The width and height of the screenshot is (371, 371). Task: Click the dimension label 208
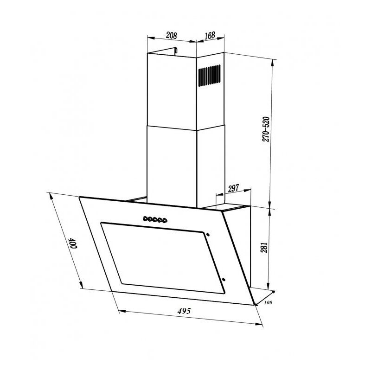pos(171,36)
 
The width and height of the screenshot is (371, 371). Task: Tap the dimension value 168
pos(210,35)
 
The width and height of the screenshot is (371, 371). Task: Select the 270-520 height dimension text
pos(266,129)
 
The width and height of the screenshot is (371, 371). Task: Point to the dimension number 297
pos(233,188)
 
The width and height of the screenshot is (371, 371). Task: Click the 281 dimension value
pos(264,247)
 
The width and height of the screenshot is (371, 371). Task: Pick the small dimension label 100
pos(268,302)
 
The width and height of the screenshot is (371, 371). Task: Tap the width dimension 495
pos(184,311)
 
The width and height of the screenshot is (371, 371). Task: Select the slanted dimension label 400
pos(73,243)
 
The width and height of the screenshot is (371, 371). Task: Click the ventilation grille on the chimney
pos(210,76)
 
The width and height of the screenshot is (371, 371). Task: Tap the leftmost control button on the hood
pos(145,218)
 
